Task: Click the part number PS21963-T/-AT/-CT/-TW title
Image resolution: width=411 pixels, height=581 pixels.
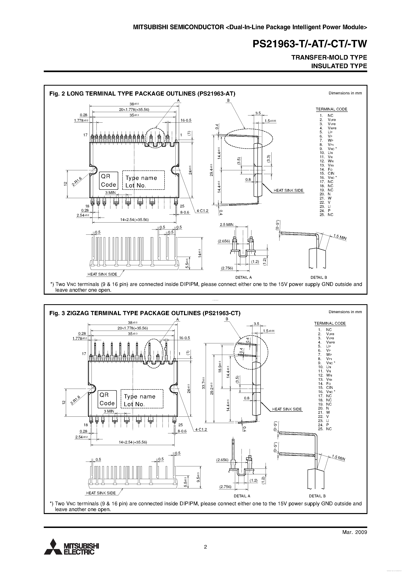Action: (x=310, y=44)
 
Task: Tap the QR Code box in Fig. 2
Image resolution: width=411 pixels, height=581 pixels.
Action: (x=108, y=181)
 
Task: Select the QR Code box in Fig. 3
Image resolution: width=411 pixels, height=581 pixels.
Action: (x=107, y=399)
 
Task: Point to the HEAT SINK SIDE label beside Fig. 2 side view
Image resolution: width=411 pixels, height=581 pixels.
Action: (x=288, y=191)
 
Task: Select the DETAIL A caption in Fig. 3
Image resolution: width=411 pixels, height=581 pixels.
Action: (x=242, y=496)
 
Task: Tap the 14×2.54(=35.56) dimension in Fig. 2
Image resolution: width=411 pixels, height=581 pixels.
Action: (x=134, y=220)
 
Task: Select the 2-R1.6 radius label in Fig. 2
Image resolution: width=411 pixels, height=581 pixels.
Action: (x=77, y=182)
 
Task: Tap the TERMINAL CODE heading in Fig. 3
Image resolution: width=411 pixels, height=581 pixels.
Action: (x=330, y=323)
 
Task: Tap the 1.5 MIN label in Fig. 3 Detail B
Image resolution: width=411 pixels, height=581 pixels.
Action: (x=338, y=458)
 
